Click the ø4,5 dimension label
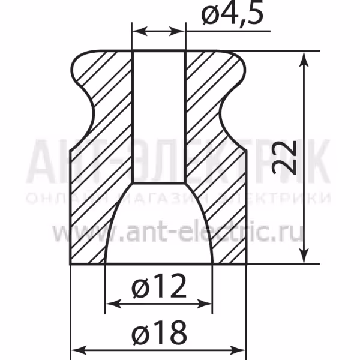coord(232,14)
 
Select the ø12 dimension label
coord(159,286)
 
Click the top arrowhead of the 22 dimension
coord(304,59)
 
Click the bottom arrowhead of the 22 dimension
coord(304,256)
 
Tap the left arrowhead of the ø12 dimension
coord(113,304)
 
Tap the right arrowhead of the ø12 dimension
coord(204,304)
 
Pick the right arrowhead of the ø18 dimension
coord(238,350)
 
